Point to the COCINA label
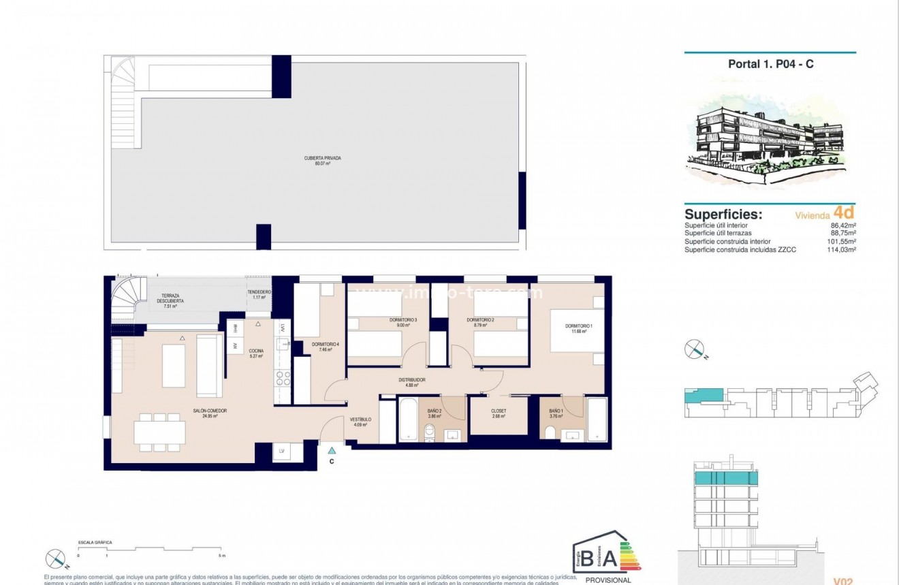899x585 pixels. [256, 352]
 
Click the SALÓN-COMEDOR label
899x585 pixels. [213, 413]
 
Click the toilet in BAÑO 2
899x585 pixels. [429, 431]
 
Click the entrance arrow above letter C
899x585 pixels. [332, 449]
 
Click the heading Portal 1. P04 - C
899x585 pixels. [770, 64]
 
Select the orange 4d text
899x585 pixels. [843, 213]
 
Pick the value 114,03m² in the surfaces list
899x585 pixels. [842, 250]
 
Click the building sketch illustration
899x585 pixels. [770, 140]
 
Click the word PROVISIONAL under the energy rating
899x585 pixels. [608, 580]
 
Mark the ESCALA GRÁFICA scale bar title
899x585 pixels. [95, 542]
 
